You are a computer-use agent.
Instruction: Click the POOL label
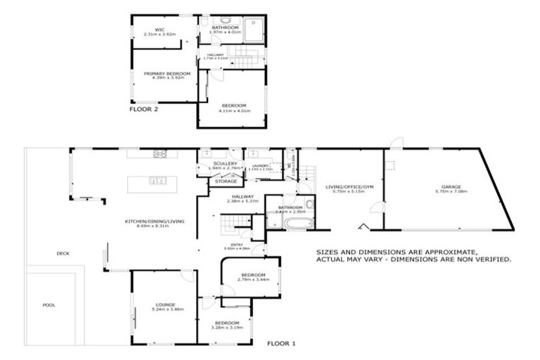point(49,305)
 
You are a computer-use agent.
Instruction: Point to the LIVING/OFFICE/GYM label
point(349,187)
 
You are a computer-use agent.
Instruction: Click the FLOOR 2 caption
point(145,110)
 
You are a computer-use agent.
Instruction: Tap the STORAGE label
point(226,181)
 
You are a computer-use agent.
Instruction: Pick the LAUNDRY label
point(259,165)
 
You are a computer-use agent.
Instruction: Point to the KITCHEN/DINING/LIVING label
point(155,221)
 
